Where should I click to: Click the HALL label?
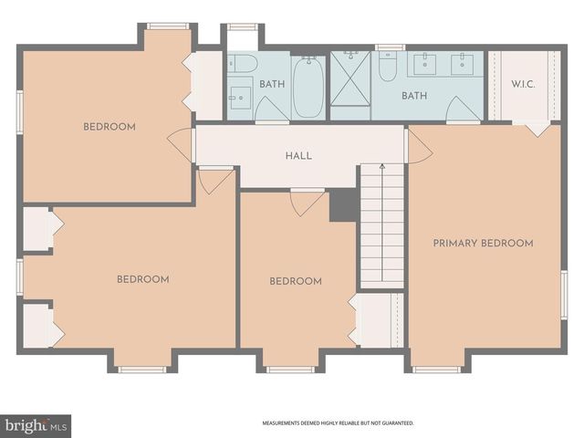(x=298, y=156)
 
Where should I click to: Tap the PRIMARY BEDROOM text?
(x=483, y=243)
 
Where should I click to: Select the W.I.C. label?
(x=523, y=85)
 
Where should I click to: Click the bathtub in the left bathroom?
(x=308, y=88)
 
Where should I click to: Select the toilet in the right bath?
(x=388, y=67)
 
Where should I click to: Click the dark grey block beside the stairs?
(x=342, y=204)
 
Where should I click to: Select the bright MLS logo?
(x=36, y=425)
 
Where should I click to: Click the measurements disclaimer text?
(x=338, y=423)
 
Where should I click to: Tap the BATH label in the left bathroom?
(x=272, y=84)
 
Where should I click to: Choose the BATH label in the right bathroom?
(x=414, y=95)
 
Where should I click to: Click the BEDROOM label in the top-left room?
(x=109, y=127)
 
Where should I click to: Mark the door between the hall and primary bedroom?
(x=418, y=146)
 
